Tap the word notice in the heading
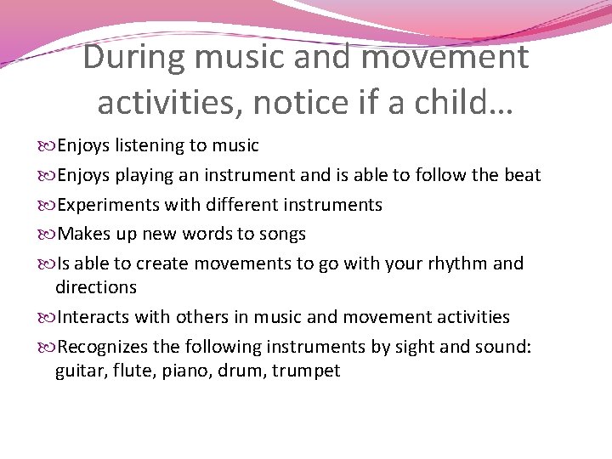[x=290, y=102]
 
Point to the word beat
[x=521, y=175]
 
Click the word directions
[x=95, y=287]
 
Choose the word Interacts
[x=91, y=317]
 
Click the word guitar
[x=80, y=371]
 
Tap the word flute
[x=132, y=371]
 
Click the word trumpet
[x=306, y=371]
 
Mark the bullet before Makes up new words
[x=47, y=234]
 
